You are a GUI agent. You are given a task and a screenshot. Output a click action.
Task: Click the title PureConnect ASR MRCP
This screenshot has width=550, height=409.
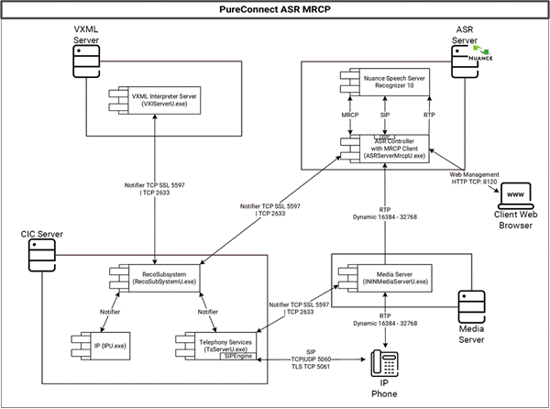pyautogui.click(x=276, y=9)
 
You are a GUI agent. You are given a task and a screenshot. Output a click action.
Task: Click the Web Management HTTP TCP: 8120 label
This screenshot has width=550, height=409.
pyautogui.click(x=474, y=178)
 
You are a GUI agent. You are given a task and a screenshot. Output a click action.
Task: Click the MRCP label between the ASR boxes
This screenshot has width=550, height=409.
pyautogui.click(x=351, y=116)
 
